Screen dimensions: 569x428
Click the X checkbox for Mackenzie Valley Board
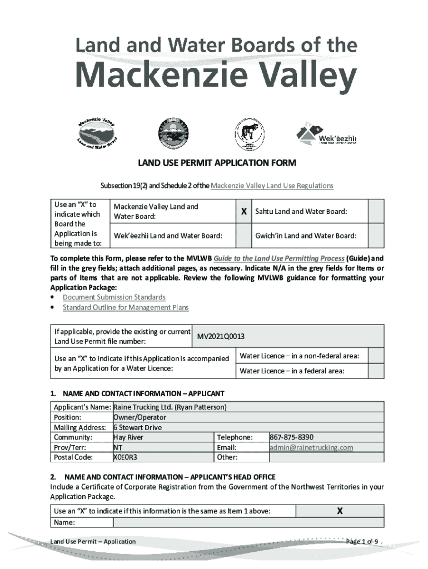pos(243,211)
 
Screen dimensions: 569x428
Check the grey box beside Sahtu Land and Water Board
pos(376,211)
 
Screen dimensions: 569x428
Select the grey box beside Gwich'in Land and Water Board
pos(376,236)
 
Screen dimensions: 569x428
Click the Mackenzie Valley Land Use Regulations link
pos(272,186)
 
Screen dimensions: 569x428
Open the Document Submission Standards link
pos(114,297)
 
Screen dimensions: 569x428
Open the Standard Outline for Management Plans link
pos(126,307)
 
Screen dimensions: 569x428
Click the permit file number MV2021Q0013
pos(221,337)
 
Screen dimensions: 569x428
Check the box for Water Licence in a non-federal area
pos(376,356)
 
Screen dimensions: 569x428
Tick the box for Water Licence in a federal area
pos(376,371)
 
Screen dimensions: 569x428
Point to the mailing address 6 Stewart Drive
pos(137,427)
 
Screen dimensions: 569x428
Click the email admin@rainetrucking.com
pos(311,447)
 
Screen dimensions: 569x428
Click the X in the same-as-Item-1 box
pos(340,511)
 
